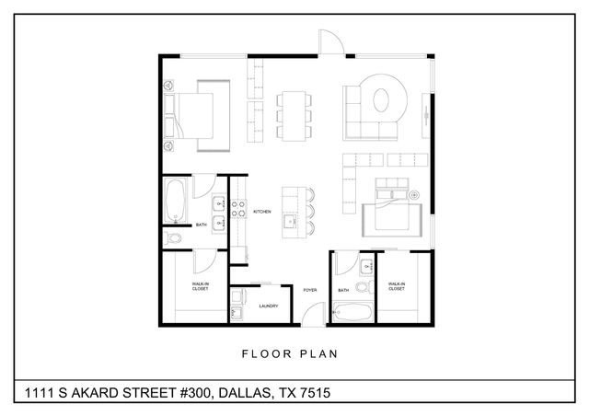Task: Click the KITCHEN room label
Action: (x=261, y=212)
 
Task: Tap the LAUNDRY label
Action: (x=269, y=306)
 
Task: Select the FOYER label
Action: (x=310, y=290)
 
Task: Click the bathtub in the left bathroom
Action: (x=175, y=202)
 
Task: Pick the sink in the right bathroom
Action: (x=366, y=268)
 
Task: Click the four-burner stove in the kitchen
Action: (x=235, y=212)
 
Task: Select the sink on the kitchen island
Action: (x=291, y=222)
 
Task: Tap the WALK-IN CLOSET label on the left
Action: (x=200, y=286)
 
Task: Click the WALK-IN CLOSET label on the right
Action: (x=397, y=286)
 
